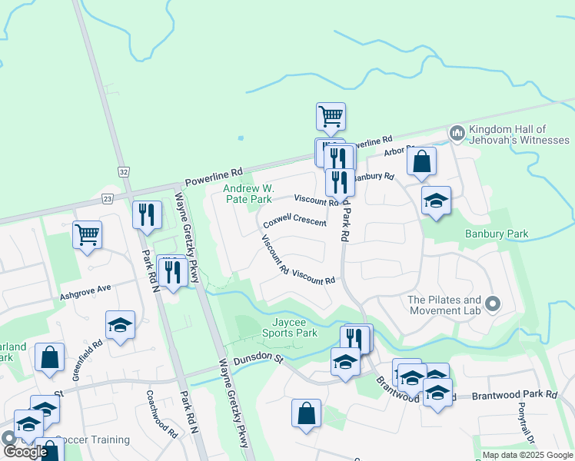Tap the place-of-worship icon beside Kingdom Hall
[457, 134]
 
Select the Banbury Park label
[497, 234]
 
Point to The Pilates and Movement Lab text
[444, 305]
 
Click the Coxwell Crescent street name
[294, 222]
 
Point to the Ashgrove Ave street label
[85, 291]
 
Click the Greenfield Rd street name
[88, 355]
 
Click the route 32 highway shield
[123, 170]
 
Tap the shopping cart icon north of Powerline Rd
[331, 117]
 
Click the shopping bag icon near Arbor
[421, 161]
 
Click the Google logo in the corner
[25, 452]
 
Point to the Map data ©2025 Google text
[527, 455]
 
